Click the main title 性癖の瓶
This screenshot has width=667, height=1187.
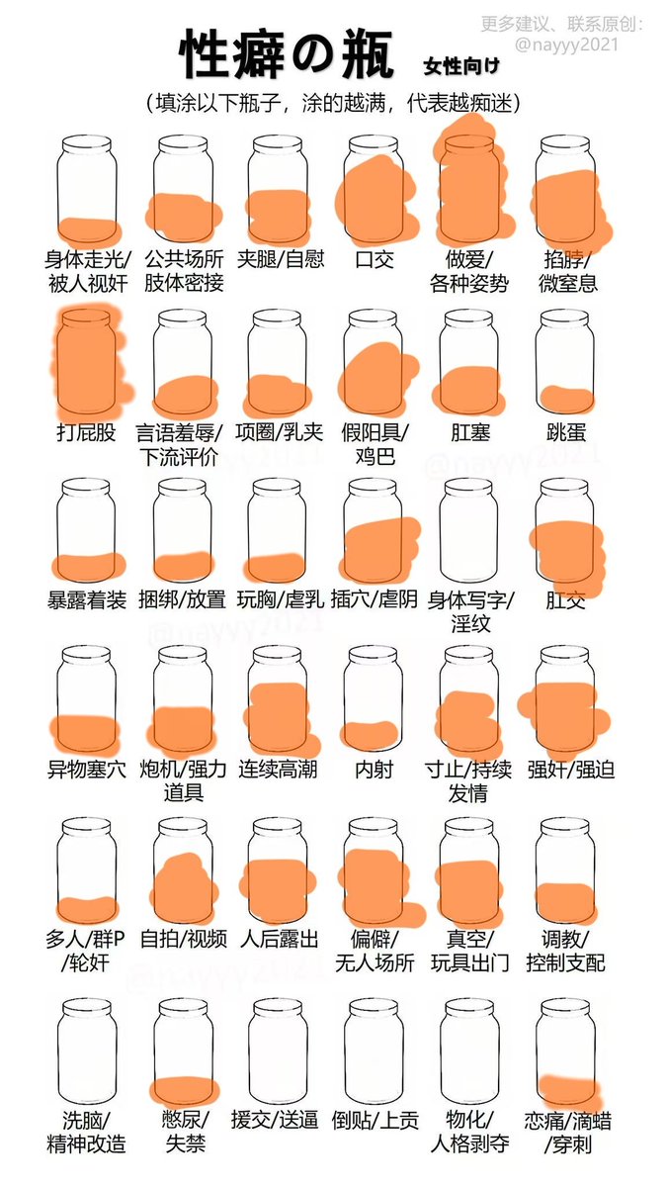point(287,54)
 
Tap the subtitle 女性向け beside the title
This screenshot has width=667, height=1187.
point(461,65)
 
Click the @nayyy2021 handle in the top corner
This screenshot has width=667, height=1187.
point(566,44)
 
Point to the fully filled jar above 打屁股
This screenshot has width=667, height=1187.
point(86,361)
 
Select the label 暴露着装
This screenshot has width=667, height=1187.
point(87,600)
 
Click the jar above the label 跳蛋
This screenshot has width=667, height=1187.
point(564,361)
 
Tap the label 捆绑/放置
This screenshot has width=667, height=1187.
point(182,599)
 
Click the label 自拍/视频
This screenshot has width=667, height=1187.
point(183,939)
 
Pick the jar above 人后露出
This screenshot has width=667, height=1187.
point(278,870)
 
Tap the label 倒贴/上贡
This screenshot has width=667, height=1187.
point(375,1120)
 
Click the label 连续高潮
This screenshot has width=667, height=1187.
point(278,769)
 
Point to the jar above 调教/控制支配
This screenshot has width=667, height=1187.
point(565,870)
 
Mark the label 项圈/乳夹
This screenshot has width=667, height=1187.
point(279,432)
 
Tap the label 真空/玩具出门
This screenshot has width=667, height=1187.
point(469,951)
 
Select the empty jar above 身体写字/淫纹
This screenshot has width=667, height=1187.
point(468,530)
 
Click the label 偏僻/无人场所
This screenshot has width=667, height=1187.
point(375,951)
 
